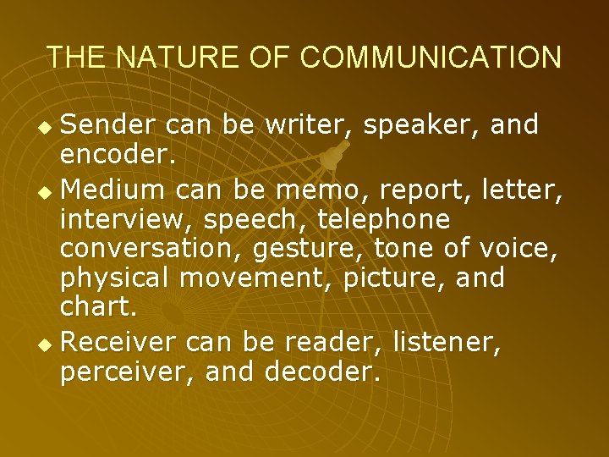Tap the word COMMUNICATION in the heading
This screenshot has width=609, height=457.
pos(430,57)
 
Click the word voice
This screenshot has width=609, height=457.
pos(524,249)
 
